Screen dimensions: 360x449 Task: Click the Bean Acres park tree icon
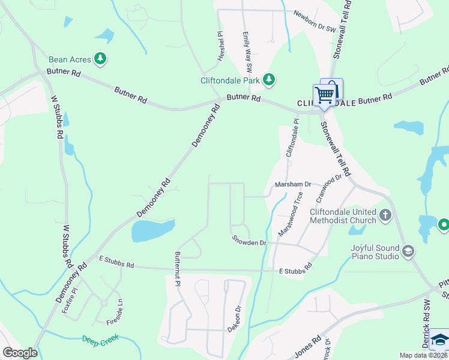pos(101,59)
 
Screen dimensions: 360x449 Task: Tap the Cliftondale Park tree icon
pos(270,79)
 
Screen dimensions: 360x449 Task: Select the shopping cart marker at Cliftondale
pos(324,95)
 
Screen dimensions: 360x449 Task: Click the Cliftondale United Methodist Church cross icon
pos(385,214)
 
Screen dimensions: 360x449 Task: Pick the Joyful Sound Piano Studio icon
pos(408,250)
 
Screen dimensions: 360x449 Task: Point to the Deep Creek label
pos(101,339)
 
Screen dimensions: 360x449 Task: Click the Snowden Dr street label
pos(249,241)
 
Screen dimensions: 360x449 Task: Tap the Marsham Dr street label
pos(293,185)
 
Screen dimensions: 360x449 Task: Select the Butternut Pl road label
pos(178,268)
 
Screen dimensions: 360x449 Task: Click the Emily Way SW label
pos(247,50)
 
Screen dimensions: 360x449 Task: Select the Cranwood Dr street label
pos(330,185)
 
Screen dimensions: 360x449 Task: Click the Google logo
pos(19,353)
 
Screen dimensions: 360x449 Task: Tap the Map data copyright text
pos(423,355)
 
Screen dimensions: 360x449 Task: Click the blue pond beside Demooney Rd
pos(152,230)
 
